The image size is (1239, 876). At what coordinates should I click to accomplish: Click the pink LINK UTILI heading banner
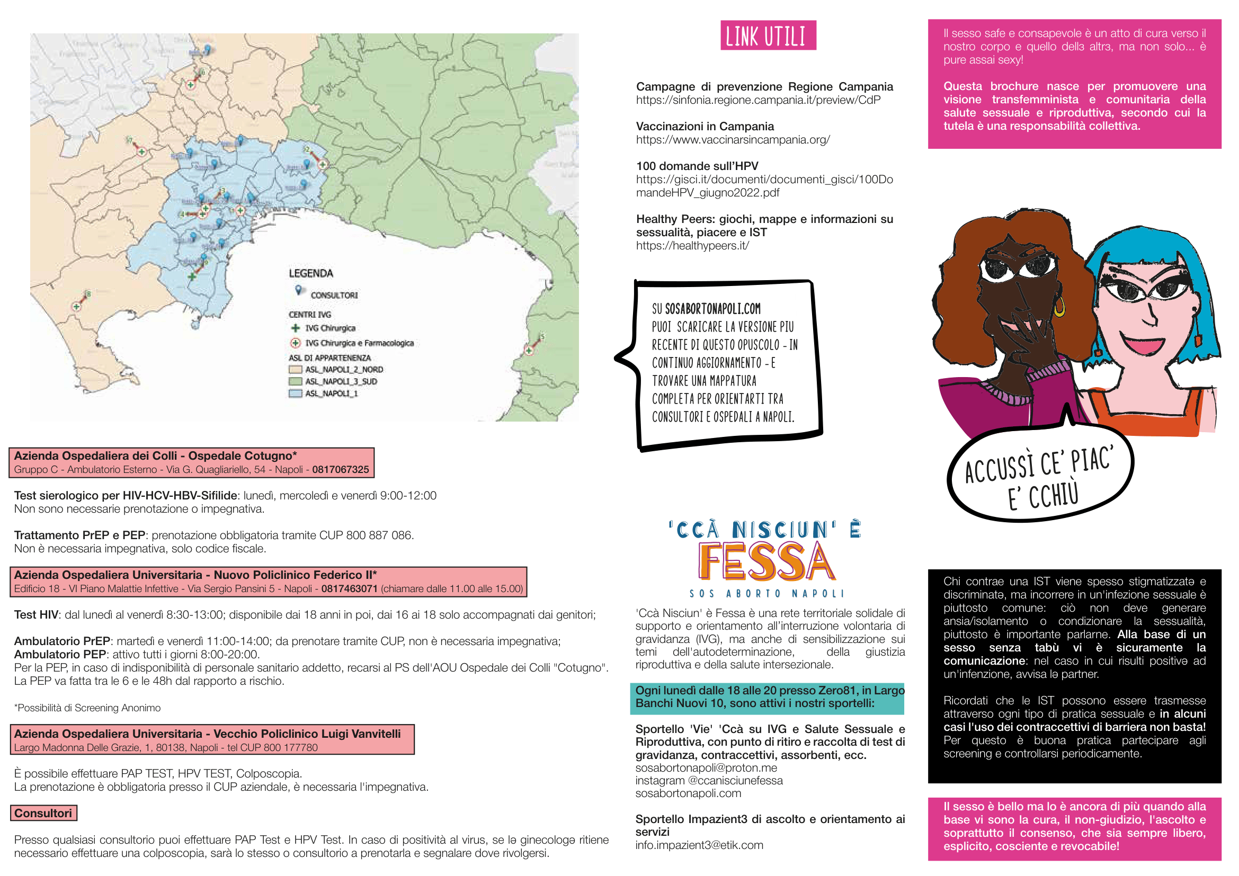click(x=768, y=35)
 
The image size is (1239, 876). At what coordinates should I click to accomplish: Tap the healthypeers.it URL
click(x=692, y=246)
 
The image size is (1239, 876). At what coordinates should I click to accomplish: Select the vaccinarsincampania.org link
click(x=732, y=140)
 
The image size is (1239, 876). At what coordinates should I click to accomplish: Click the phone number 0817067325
click(x=340, y=470)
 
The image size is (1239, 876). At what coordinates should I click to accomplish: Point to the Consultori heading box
click(x=43, y=813)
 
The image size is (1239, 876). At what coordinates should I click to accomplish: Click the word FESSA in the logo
click(x=766, y=561)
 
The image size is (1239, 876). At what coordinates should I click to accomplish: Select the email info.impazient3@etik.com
click(x=699, y=845)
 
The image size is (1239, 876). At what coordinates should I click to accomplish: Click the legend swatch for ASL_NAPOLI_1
click(x=295, y=394)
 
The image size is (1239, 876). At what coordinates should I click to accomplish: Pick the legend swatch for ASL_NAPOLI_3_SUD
click(x=295, y=382)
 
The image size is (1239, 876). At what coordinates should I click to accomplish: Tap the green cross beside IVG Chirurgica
click(x=295, y=328)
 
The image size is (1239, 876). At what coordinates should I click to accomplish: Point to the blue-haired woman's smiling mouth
click(x=1143, y=344)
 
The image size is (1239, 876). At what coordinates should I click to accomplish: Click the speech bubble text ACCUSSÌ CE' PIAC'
click(x=1039, y=464)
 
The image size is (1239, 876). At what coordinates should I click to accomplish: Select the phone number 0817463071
click(x=349, y=588)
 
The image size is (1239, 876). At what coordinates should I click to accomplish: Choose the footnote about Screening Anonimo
click(x=87, y=708)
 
